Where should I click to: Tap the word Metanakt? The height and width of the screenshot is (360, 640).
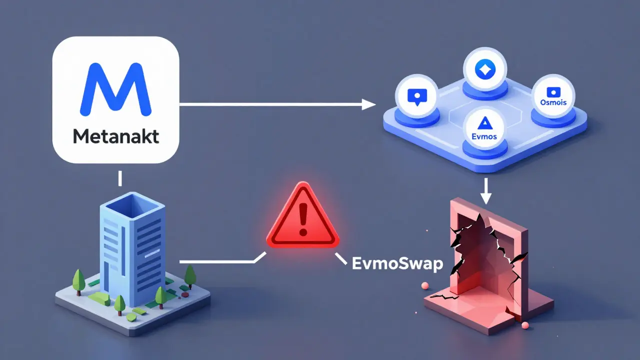(115, 136)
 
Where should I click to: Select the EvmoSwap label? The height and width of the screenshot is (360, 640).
(397, 263)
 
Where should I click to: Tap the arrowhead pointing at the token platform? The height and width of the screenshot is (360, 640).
(369, 104)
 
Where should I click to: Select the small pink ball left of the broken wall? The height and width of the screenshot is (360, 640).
(426, 285)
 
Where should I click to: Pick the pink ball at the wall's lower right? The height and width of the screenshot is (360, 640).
(525, 326)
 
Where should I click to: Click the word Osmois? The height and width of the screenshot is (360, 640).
(553, 101)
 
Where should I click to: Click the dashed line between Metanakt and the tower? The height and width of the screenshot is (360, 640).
(120, 178)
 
